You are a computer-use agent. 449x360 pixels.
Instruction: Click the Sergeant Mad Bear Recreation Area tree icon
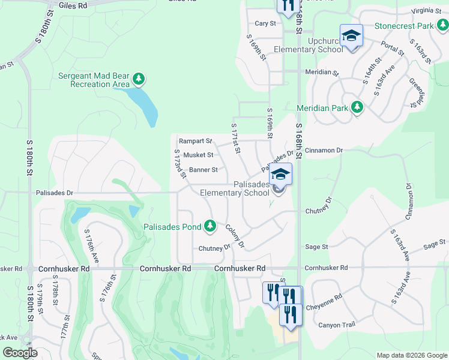(139, 79)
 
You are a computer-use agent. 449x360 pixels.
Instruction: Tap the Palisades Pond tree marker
(209, 226)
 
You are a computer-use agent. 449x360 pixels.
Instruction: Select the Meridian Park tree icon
(357, 107)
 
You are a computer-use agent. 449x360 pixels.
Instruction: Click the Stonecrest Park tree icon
(442, 25)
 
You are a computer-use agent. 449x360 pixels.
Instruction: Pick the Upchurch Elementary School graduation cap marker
(351, 36)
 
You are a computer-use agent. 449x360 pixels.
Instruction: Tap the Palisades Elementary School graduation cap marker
(280, 175)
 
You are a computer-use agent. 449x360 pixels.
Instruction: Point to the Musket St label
(198, 155)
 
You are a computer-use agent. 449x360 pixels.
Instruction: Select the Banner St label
(203, 170)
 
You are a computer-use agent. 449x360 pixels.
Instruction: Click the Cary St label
(265, 23)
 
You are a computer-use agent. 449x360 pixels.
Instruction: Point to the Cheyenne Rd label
(325, 297)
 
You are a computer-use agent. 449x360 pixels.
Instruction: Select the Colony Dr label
(235, 235)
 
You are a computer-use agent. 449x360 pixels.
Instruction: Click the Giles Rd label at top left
(73, 5)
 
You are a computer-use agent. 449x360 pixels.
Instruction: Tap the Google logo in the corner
(20, 353)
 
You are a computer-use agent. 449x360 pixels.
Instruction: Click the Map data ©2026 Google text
(412, 355)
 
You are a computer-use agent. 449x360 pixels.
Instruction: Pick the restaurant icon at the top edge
(286, 5)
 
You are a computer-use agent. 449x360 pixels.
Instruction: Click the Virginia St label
(427, 11)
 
